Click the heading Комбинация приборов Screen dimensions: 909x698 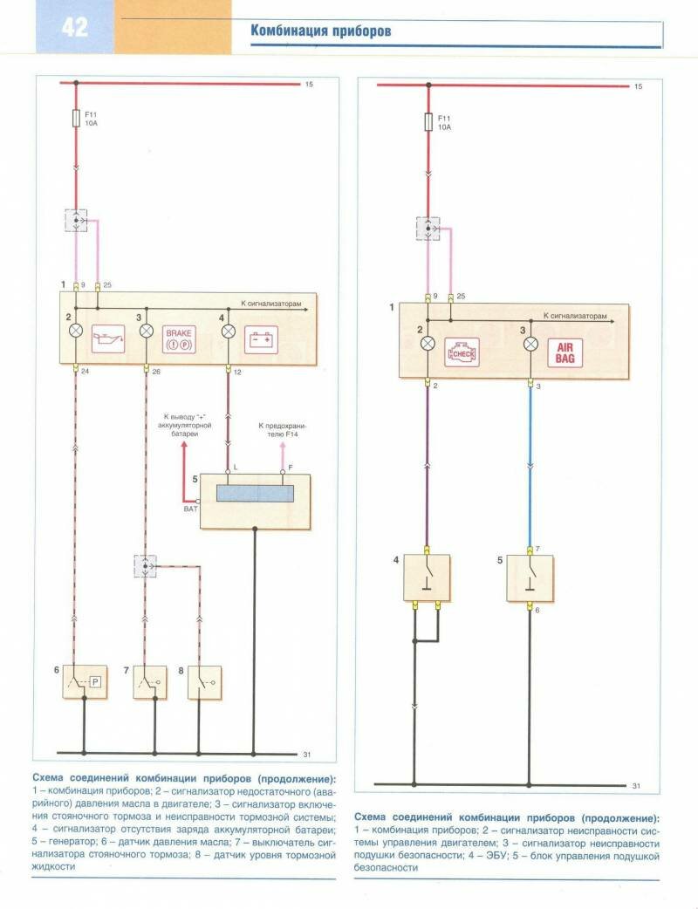pos(320,31)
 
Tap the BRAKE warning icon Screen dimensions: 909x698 pos(178,338)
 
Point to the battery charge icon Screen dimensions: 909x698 pos(259,338)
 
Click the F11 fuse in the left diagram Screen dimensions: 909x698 pos(76,119)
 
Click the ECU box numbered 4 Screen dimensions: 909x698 pos(426,577)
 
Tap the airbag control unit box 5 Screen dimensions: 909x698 pos(529,577)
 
